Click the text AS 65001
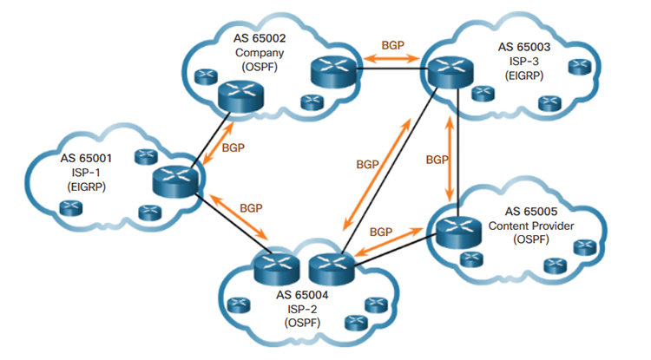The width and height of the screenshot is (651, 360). point(82,159)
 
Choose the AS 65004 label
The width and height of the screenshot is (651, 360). point(302,294)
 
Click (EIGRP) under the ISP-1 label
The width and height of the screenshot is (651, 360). point(82,186)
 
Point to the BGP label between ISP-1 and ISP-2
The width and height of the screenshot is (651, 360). point(250,209)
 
